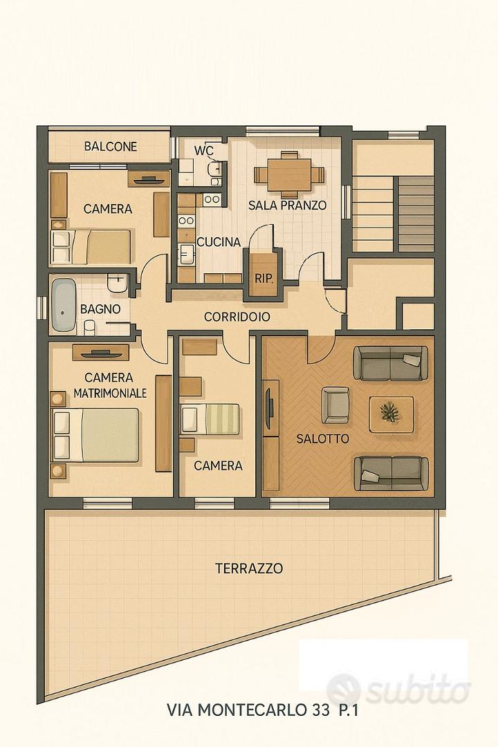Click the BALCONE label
(111, 146)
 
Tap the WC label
(203, 151)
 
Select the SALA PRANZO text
(287, 205)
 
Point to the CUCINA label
(219, 242)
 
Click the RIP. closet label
(264, 279)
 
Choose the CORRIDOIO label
(237, 317)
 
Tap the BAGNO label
(100, 308)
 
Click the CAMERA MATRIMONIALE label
(109, 385)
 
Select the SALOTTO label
(322, 439)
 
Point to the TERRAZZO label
(249, 569)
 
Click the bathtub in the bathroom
(64, 306)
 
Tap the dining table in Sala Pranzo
(289, 174)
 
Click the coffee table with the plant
(391, 414)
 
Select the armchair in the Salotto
(335, 405)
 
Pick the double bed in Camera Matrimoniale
(95, 435)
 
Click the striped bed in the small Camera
(210, 419)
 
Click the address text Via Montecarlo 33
(248, 710)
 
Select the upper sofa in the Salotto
(390, 363)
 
